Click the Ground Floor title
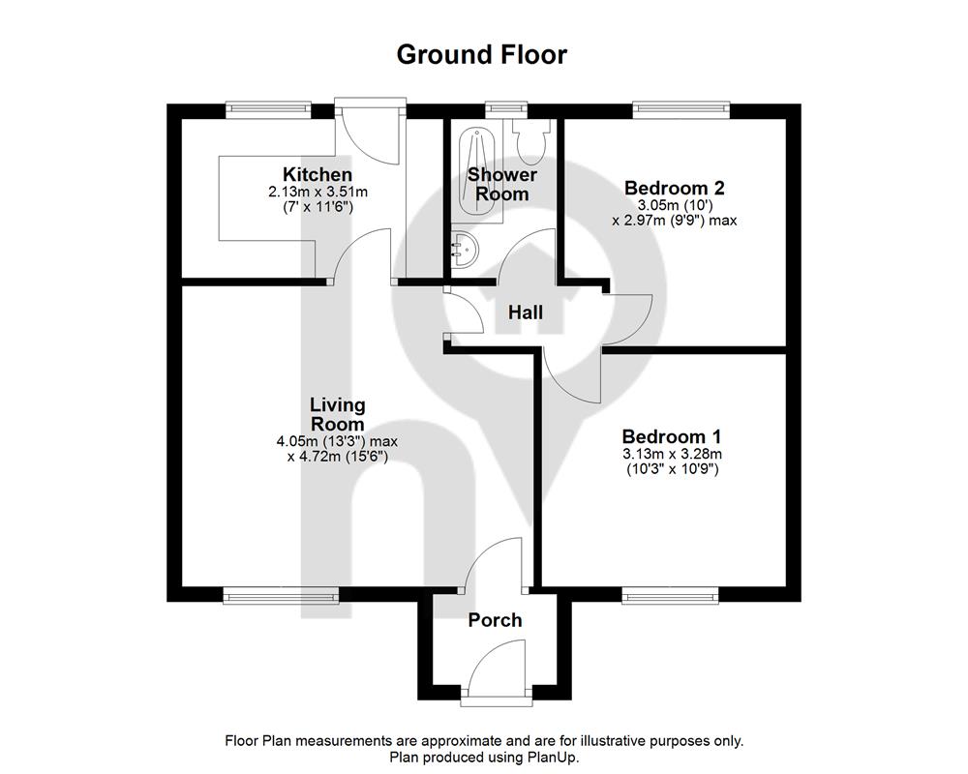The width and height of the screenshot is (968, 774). click(x=481, y=55)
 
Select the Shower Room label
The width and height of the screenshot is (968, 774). click(x=501, y=184)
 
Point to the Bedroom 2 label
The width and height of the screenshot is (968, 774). click(x=674, y=187)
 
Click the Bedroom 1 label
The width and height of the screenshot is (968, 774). click(x=671, y=436)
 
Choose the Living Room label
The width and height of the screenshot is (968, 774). click(x=338, y=415)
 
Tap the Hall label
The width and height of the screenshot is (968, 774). click(x=526, y=313)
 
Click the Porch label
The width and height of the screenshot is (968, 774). click(x=495, y=620)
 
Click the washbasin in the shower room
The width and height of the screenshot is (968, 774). click(x=465, y=250)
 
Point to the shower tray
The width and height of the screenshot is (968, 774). click(x=481, y=176)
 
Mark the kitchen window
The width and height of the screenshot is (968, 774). click(x=268, y=110)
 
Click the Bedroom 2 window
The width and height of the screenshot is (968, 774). click(x=681, y=110)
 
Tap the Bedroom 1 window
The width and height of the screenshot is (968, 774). click(x=671, y=595)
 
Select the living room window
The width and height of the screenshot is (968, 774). click(x=281, y=595)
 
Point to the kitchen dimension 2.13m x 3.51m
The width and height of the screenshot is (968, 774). click(x=318, y=192)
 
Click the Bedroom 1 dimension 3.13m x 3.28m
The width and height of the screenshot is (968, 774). click(x=672, y=455)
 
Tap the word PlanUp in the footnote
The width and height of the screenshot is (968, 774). click(x=551, y=757)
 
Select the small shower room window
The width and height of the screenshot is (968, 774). click(x=506, y=110)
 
